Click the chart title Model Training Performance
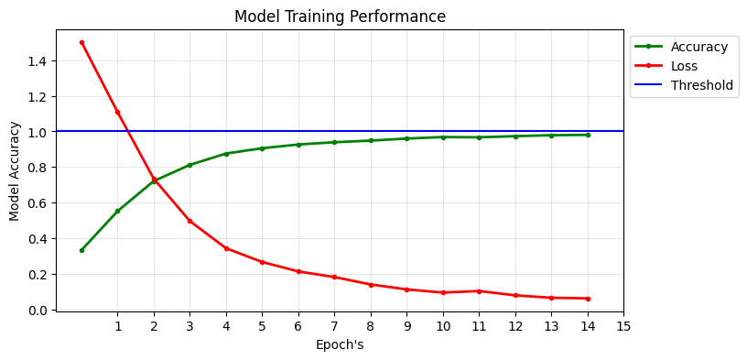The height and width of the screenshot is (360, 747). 340,16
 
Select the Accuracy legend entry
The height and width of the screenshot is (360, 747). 698,47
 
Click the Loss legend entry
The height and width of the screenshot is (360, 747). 684,66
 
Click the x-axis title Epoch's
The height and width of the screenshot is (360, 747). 340,345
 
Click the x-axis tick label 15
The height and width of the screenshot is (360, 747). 623,326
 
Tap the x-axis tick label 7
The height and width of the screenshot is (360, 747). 334,326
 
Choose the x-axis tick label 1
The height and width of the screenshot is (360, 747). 117,326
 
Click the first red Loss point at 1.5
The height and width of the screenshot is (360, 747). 81,42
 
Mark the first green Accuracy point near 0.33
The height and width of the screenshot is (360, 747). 81,250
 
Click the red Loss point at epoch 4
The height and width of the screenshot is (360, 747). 226,248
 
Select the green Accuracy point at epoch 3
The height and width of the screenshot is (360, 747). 189,165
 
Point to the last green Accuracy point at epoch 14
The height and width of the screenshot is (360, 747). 588,135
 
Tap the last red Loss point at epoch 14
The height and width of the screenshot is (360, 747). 588,299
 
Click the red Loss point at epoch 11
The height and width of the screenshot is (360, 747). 479,291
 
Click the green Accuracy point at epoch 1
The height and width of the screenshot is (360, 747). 117,211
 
